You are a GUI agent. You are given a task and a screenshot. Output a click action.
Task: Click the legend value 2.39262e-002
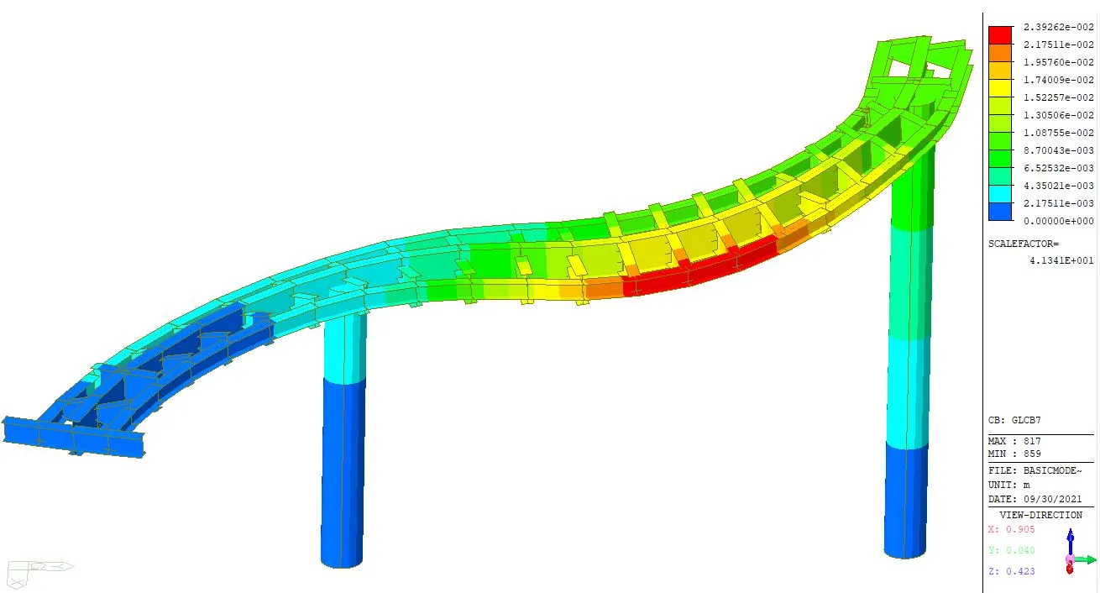1058,27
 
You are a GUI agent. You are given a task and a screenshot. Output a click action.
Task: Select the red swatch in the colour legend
1000,35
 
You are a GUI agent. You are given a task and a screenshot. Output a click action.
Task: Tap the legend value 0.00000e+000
1058,221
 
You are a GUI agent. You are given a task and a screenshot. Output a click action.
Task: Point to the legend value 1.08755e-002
1058,133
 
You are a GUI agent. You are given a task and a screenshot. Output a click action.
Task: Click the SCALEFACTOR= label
1024,244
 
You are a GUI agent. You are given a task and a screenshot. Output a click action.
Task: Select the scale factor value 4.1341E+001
1061,260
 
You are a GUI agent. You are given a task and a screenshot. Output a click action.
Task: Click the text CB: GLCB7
1014,420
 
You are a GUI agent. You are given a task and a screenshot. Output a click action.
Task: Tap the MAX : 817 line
1014,441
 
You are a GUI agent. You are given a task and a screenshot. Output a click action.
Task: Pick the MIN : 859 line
1014,454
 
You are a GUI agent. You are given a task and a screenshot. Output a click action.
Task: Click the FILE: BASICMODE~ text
1035,470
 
